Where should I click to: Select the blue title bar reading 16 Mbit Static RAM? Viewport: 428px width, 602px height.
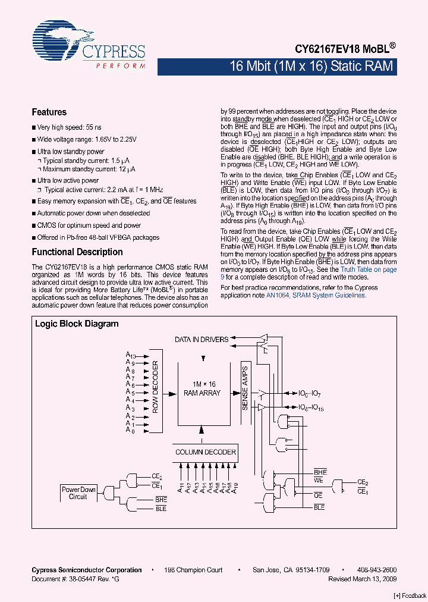pyautogui.click(x=311, y=66)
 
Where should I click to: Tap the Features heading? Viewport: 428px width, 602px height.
pyautogui.click(x=49, y=112)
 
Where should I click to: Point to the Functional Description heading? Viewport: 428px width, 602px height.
pyautogui.click(x=77, y=252)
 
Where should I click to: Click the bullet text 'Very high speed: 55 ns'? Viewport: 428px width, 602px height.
pyautogui.click(x=69, y=127)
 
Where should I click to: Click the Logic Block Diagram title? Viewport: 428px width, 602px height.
pyautogui.click(x=77, y=324)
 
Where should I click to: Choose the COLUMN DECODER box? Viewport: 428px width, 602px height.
pyautogui.click(x=205, y=452)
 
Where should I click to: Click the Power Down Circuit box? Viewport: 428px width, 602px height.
pyautogui.click(x=78, y=493)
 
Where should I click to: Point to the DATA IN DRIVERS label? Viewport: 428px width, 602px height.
pyautogui.click(x=202, y=340)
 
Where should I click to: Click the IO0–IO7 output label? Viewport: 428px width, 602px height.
pyautogui.click(x=310, y=394)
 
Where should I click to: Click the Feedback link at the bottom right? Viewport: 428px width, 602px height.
pyautogui.click(x=410, y=596)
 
